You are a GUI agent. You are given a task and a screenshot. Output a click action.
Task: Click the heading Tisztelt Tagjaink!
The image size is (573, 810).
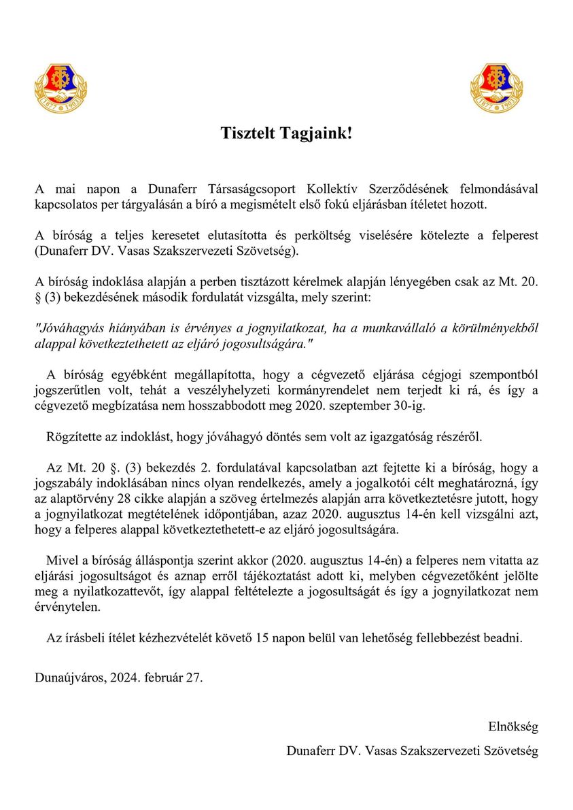point(286,133)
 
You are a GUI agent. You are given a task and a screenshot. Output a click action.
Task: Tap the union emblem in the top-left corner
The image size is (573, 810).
point(60,88)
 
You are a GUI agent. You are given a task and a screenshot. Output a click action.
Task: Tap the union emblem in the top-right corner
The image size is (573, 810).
point(496,88)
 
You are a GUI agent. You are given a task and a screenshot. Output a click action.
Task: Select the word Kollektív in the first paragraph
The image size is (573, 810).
point(335,188)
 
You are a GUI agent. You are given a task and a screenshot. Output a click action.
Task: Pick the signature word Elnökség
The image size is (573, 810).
point(513,726)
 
